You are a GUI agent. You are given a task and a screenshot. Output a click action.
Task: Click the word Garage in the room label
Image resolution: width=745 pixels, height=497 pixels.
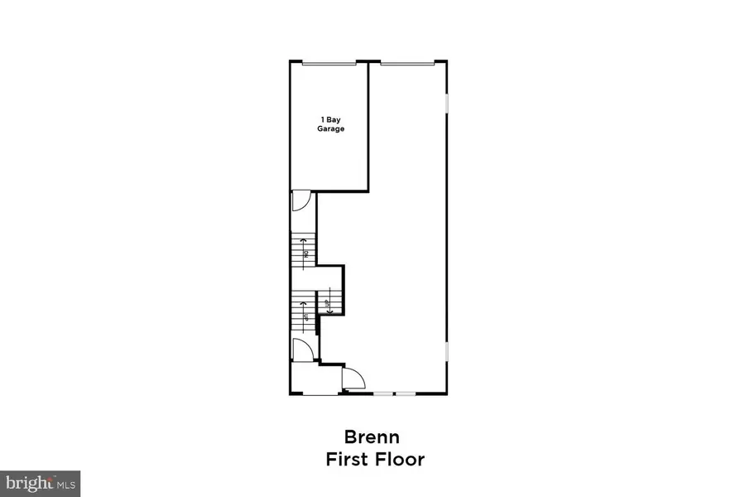point(331,129)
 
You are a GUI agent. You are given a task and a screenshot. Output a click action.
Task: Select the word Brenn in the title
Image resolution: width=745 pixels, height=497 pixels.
point(372,437)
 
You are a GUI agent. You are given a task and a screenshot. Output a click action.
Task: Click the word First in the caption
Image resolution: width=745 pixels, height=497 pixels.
point(352,459)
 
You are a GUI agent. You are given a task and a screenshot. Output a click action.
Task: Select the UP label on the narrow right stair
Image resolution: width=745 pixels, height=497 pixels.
point(328,303)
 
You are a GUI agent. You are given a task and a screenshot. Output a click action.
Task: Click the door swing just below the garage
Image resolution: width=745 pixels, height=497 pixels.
point(300,200)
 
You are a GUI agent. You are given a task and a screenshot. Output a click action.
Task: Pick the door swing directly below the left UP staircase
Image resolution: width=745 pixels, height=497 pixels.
point(302,350)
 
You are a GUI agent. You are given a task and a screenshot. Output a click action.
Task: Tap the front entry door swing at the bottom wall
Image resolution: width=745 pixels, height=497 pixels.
point(353,379)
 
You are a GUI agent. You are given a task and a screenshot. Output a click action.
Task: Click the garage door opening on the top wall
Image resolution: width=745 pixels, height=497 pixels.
point(329,62)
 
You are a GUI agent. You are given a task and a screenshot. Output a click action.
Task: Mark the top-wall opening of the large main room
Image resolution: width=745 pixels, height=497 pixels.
point(406,62)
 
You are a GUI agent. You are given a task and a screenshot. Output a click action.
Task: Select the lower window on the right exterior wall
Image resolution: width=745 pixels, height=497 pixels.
point(447,352)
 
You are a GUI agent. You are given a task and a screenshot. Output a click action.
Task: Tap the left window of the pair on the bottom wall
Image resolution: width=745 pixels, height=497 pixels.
point(382,393)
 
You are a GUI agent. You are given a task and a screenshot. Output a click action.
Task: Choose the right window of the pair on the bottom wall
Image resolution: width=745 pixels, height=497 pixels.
point(405,393)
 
